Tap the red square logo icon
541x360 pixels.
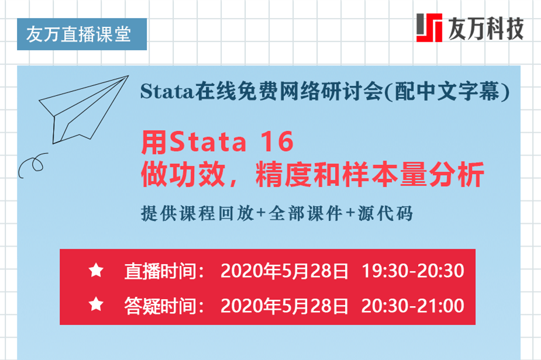429,27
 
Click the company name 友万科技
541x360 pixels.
485,27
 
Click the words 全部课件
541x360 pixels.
305,213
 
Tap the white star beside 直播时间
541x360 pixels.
96,271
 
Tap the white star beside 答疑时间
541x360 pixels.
96,304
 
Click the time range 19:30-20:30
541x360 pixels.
413,271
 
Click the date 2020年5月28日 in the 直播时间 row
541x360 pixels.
285,271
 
